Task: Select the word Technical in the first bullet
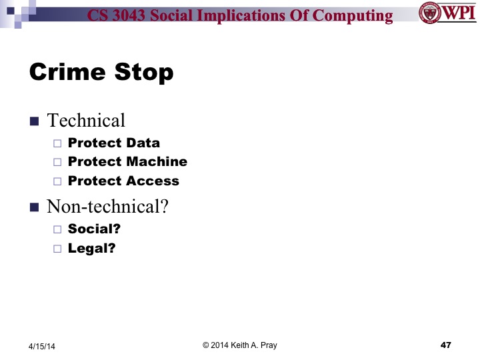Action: (86, 121)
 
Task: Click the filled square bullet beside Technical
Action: (35, 121)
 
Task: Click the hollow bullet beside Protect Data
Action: (57, 143)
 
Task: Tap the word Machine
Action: (157, 162)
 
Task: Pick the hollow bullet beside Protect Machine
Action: (57, 162)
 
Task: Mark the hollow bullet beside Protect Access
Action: (57, 181)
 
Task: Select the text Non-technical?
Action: (107, 207)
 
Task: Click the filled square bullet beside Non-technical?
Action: (35, 207)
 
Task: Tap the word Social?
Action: (94, 229)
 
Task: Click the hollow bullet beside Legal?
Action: (57, 249)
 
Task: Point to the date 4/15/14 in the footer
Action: (42, 346)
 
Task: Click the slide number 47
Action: (446, 345)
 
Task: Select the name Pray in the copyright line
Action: (267, 345)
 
